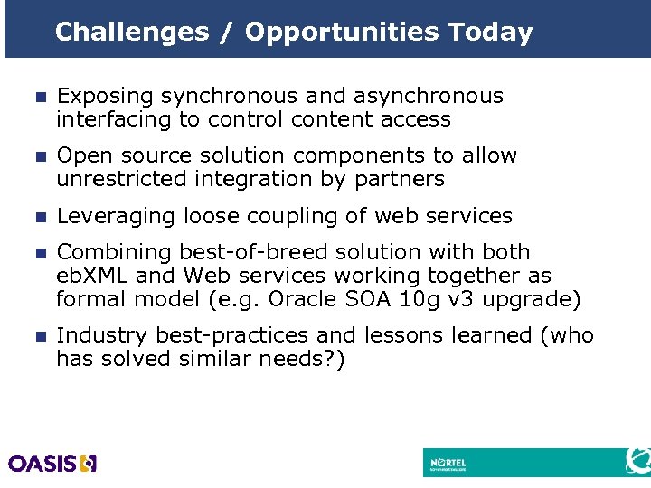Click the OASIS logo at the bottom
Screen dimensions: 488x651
[x=52, y=464]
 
